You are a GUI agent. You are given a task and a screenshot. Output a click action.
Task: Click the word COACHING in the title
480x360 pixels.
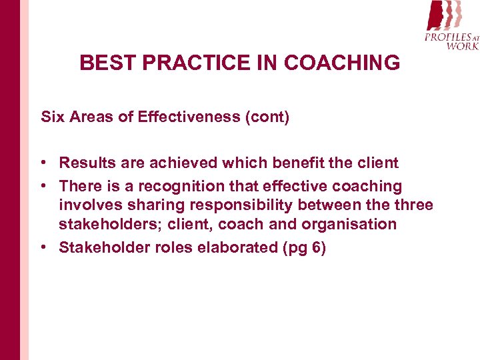pyautogui.click(x=342, y=63)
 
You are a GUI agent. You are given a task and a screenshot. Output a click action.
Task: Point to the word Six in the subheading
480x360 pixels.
pyautogui.click(x=51, y=117)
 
